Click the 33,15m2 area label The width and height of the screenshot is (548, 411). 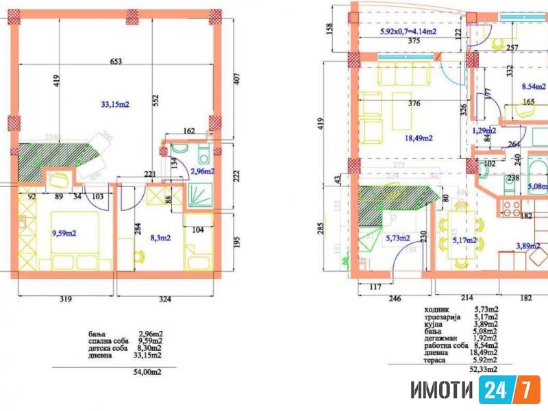click(x=115, y=105)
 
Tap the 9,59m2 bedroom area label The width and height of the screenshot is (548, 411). click(x=64, y=233)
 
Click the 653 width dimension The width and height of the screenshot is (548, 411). click(x=116, y=62)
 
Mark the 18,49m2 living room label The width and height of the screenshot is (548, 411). click(x=419, y=138)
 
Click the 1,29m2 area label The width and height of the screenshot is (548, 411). click(x=484, y=130)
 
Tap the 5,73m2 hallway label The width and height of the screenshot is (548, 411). click(x=398, y=238)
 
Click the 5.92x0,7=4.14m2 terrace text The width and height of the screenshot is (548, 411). click(x=408, y=31)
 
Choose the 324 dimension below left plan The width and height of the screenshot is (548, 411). click(x=165, y=299)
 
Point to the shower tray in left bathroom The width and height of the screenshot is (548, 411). click(x=201, y=198)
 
